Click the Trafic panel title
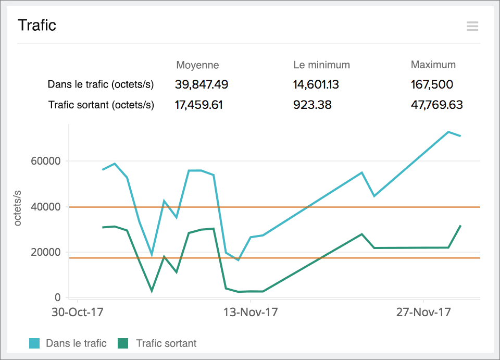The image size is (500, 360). click(37, 25)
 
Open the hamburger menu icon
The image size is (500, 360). click(472, 26)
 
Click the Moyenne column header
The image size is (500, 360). click(197, 65)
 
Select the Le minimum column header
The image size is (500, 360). click(321, 65)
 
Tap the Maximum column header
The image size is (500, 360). click(433, 65)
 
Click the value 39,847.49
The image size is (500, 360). click(202, 84)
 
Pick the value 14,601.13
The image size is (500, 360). click(316, 84)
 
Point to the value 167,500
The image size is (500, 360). click(432, 84)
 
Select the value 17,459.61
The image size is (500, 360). click(198, 105)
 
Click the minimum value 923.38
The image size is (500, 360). click(312, 105)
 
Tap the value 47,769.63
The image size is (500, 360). click(436, 105)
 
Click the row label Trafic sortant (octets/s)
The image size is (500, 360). click(101, 105)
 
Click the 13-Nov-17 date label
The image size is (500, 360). click(251, 313)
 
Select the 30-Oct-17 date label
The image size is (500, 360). click(78, 313)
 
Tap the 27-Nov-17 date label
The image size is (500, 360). click(423, 313)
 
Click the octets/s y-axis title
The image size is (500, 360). click(18, 207)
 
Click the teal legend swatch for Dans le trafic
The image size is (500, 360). click(34, 343)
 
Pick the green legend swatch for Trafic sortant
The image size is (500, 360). click(122, 343)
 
